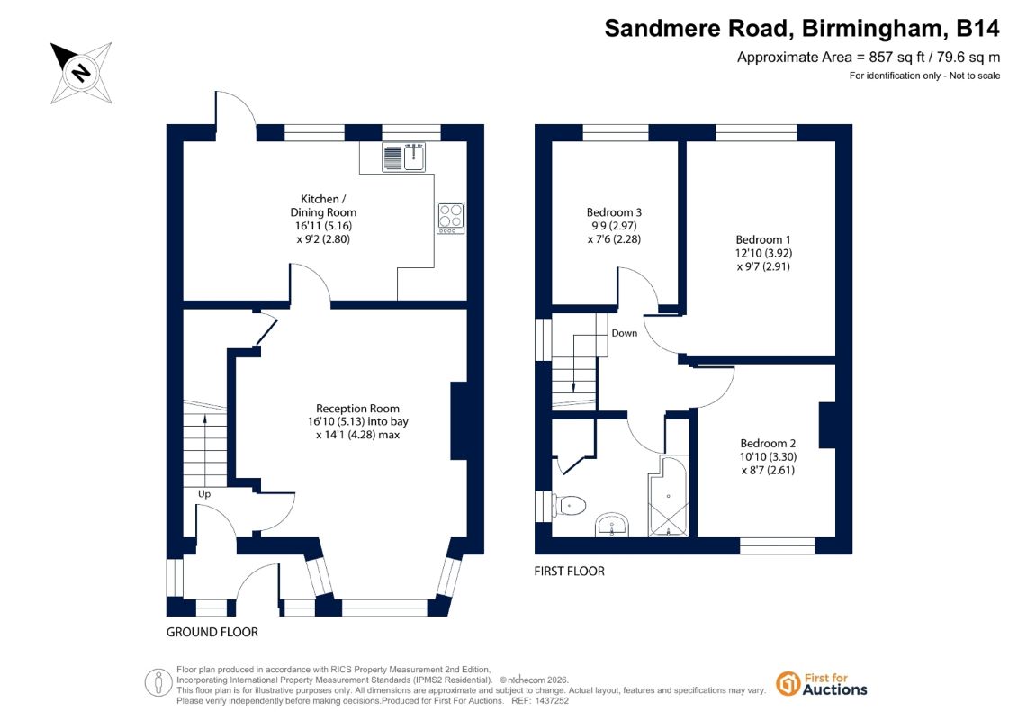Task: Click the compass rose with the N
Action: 81,73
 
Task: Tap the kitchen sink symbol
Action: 404,157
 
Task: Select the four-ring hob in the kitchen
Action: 451,218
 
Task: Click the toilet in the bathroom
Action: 570,505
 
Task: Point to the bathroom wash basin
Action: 612,526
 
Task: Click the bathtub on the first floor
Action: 668,496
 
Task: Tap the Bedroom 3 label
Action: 614,212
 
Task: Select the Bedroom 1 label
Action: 763,239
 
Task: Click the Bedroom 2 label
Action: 768,444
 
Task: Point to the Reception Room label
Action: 357,409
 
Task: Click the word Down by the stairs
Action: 625,333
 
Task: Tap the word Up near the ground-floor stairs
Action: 203,494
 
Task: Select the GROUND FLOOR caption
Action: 212,632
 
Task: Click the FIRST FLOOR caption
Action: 570,571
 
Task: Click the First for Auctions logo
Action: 822,684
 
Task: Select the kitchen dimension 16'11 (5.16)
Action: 323,226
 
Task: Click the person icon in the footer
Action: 158,682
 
